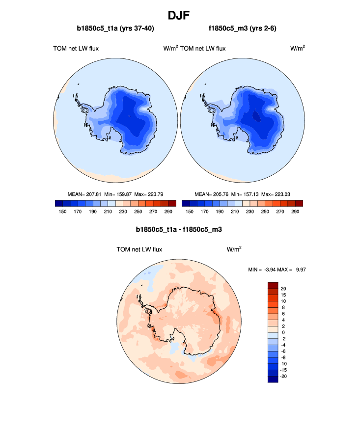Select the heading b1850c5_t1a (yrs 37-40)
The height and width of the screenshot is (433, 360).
115,28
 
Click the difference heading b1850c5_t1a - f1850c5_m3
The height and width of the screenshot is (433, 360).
180,229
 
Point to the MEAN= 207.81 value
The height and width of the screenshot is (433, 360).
85,194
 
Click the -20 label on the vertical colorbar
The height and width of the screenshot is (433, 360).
283,376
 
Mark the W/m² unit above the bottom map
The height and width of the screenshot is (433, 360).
234,249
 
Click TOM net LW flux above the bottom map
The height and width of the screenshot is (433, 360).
139,249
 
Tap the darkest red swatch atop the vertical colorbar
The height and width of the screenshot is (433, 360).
273,285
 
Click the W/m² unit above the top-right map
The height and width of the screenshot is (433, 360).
298,48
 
